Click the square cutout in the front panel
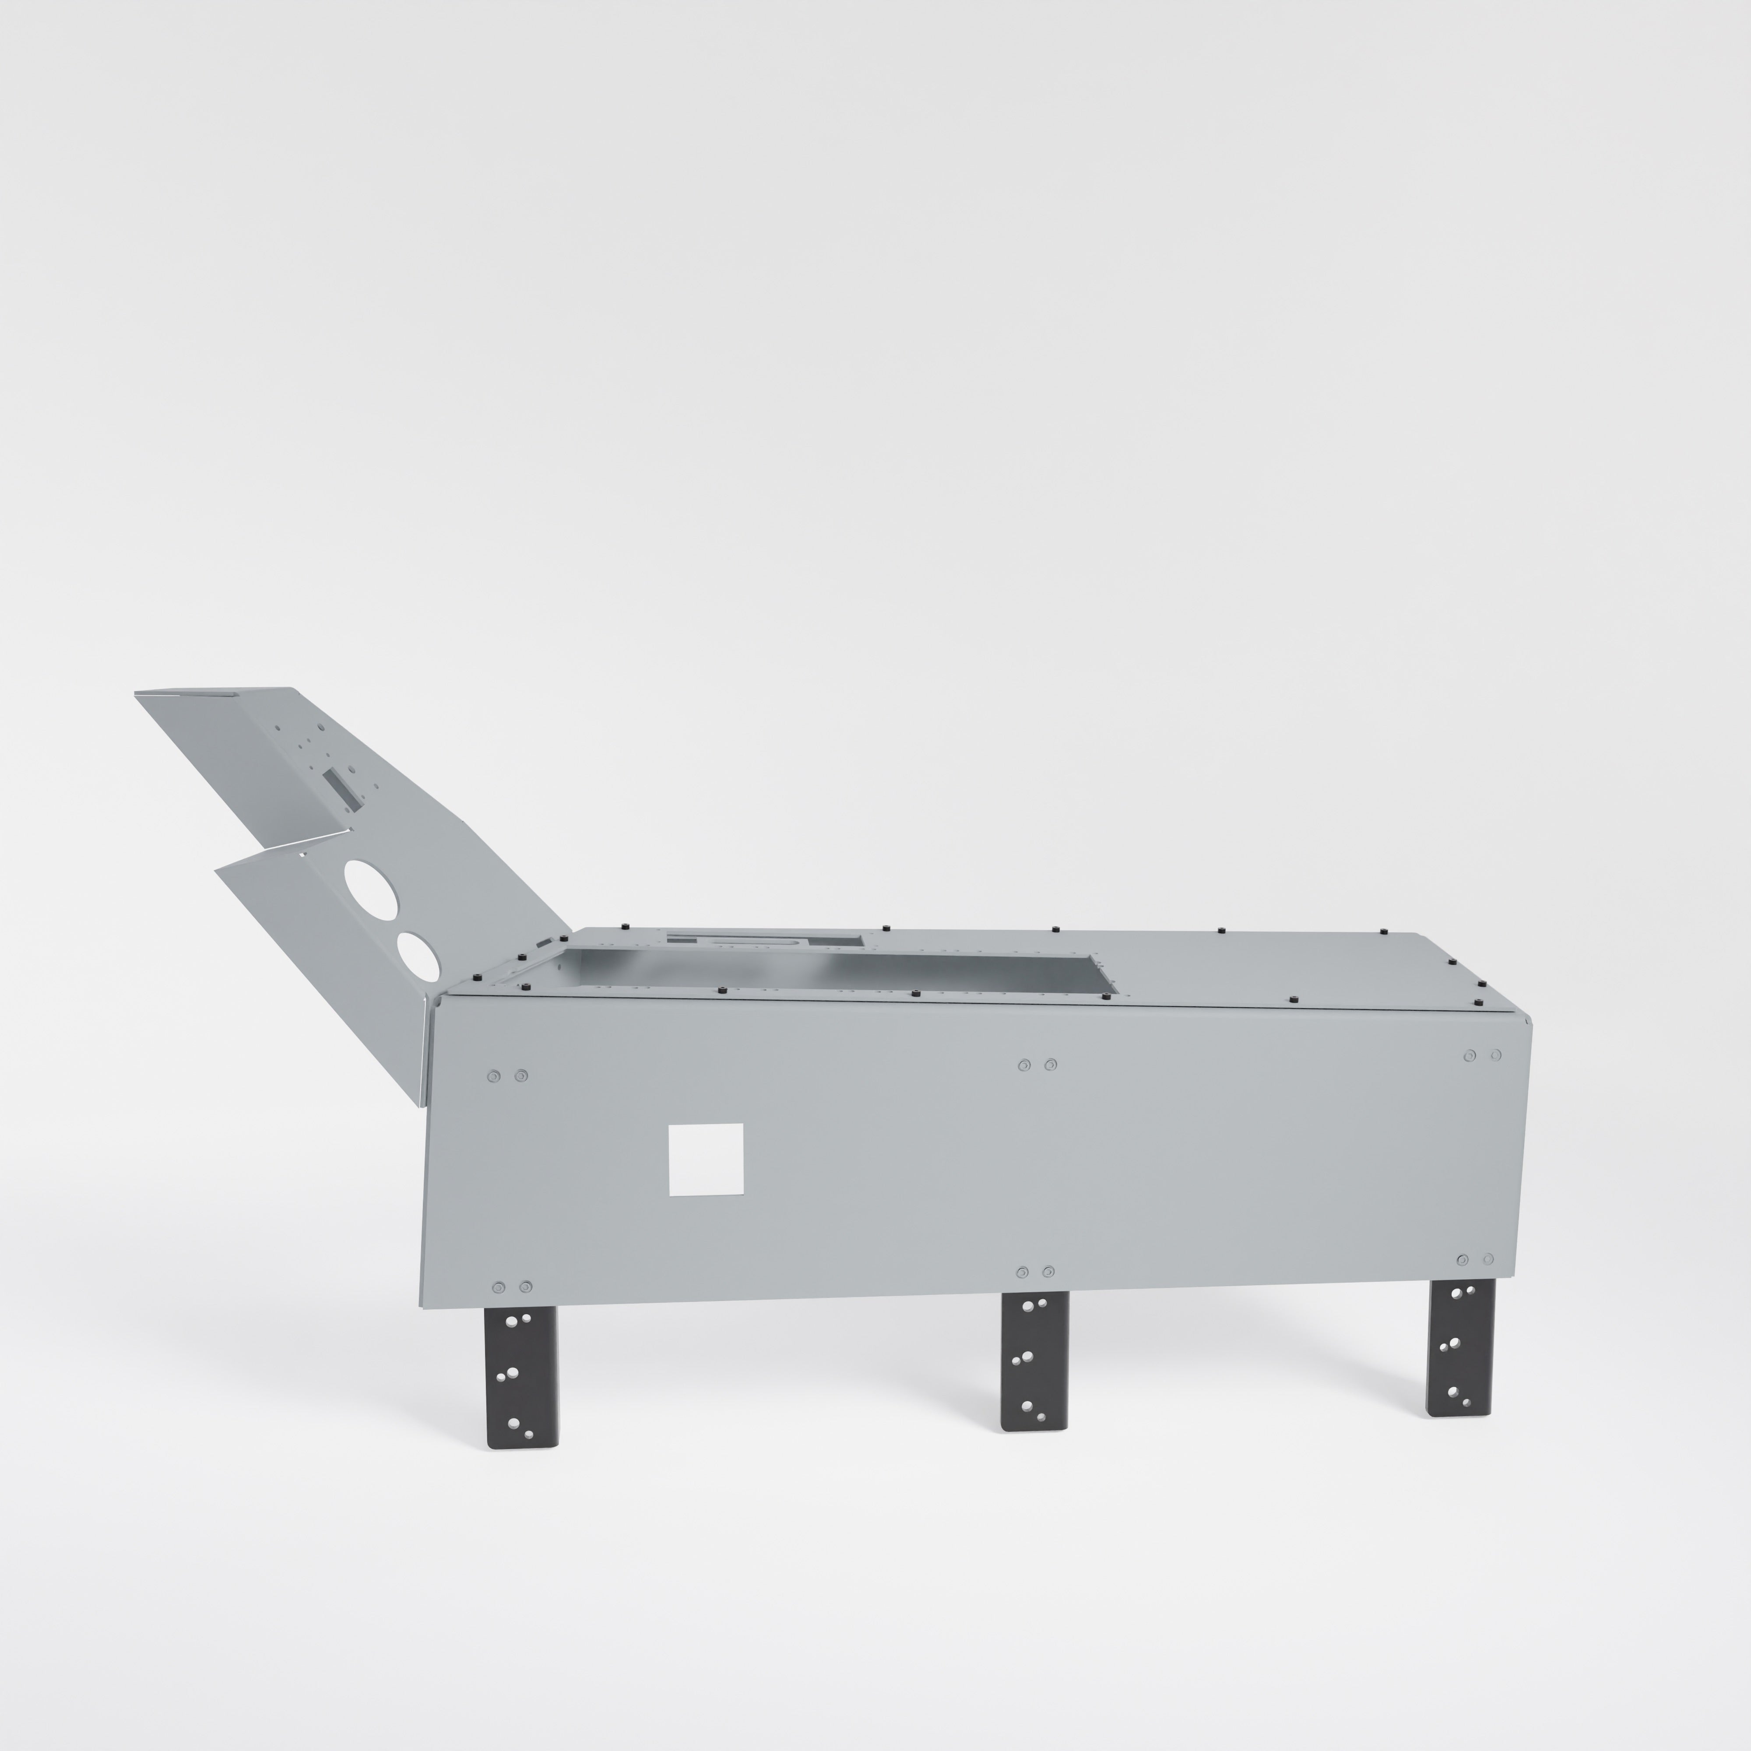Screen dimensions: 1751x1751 click(705, 1159)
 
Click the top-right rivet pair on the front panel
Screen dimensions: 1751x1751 click(1483, 1055)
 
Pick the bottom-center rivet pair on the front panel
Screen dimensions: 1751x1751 click(1035, 1272)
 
